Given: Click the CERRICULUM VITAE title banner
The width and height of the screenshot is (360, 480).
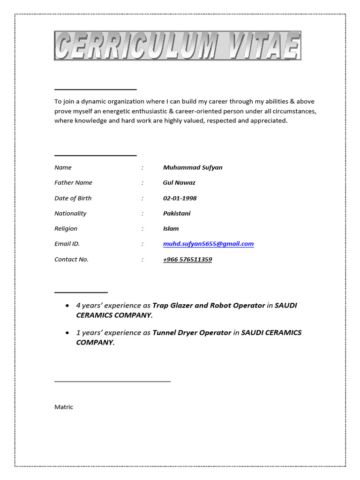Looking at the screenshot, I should [x=178, y=46].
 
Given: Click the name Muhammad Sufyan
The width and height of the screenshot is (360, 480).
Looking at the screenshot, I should [x=193, y=167].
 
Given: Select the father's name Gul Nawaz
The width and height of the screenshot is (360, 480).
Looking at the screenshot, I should [x=179, y=183].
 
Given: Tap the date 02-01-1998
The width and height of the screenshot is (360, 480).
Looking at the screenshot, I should [x=180, y=198].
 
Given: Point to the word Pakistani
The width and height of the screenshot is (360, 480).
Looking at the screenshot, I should [x=177, y=213].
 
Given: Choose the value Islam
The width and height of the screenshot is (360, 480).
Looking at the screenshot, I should [x=171, y=229].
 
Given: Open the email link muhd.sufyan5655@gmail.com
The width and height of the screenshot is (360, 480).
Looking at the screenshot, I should [x=208, y=244].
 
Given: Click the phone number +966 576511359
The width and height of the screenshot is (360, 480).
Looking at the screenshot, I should [x=187, y=259].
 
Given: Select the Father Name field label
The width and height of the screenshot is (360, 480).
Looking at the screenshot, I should [x=73, y=183].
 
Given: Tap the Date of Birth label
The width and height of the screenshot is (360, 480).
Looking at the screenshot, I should [x=73, y=198].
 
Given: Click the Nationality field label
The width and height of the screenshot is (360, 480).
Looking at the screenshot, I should [x=70, y=213].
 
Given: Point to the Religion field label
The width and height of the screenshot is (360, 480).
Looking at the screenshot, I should [x=66, y=229].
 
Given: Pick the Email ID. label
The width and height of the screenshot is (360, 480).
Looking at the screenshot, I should [x=67, y=244].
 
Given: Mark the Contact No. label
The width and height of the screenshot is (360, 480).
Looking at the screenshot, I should [x=71, y=259].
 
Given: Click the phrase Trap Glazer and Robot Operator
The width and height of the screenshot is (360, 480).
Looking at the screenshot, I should [x=209, y=306].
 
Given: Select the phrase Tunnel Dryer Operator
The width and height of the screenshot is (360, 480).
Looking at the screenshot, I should [x=192, y=333].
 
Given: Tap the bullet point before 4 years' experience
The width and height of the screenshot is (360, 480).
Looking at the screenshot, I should [x=68, y=306].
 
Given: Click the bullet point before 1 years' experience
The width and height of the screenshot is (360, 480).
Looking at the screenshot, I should [x=68, y=333].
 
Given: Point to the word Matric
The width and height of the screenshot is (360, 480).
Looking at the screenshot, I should [x=64, y=407].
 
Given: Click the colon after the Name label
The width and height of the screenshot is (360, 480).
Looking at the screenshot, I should [x=142, y=167].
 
